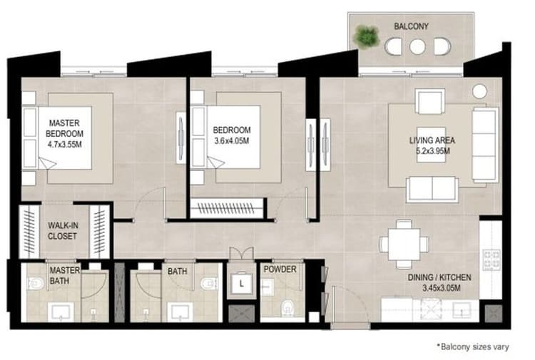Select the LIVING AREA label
tap(432, 140)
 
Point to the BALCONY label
tap(412, 26)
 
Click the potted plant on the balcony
tap(367, 36)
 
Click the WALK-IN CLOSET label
tap(63, 230)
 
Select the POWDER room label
tap(280, 270)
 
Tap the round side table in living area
tap(479, 91)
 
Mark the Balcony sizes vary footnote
tap(473, 346)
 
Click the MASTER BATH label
tap(64, 276)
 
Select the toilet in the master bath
tap(36, 284)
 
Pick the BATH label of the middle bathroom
tap(177, 271)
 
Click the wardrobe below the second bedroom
tap(226, 208)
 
